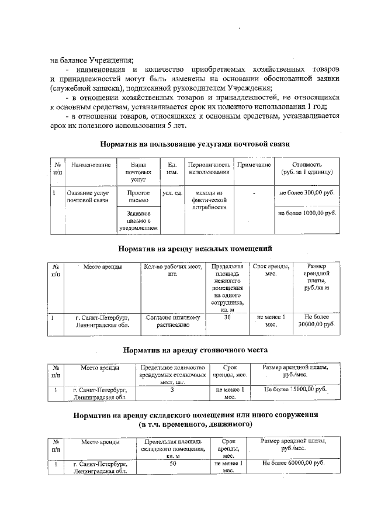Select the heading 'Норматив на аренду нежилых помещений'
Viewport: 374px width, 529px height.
pyautogui.click(x=195, y=248)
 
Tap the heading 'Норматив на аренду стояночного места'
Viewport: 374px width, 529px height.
pyautogui.click(x=195, y=350)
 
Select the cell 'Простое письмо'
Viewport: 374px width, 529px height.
pyautogui.click(x=138, y=196)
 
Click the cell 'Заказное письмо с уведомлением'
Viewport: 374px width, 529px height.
pyautogui.click(x=138, y=221)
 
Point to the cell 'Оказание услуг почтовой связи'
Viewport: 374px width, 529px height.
pyautogui.click(x=88, y=196)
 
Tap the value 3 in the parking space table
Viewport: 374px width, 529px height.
pyautogui.click(x=172, y=389)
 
